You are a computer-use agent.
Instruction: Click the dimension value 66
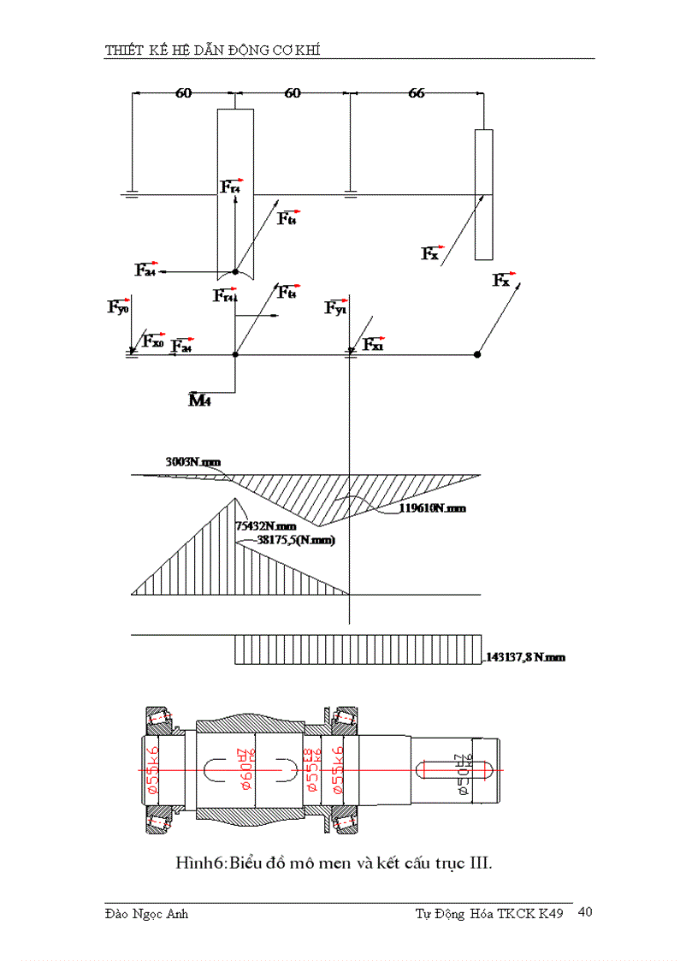pyautogui.click(x=416, y=93)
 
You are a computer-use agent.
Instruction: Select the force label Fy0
pyautogui.click(x=118, y=306)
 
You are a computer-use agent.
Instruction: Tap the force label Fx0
pyautogui.click(x=153, y=341)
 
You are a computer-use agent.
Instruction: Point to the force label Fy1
pyautogui.click(x=335, y=308)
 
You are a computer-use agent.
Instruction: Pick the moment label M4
pyautogui.click(x=199, y=400)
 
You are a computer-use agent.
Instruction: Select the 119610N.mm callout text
pyautogui.click(x=432, y=507)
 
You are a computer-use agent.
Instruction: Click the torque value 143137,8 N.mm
pyautogui.click(x=524, y=657)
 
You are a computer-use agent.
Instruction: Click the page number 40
pyautogui.click(x=585, y=912)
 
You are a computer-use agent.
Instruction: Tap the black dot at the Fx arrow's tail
pyautogui.click(x=477, y=353)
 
